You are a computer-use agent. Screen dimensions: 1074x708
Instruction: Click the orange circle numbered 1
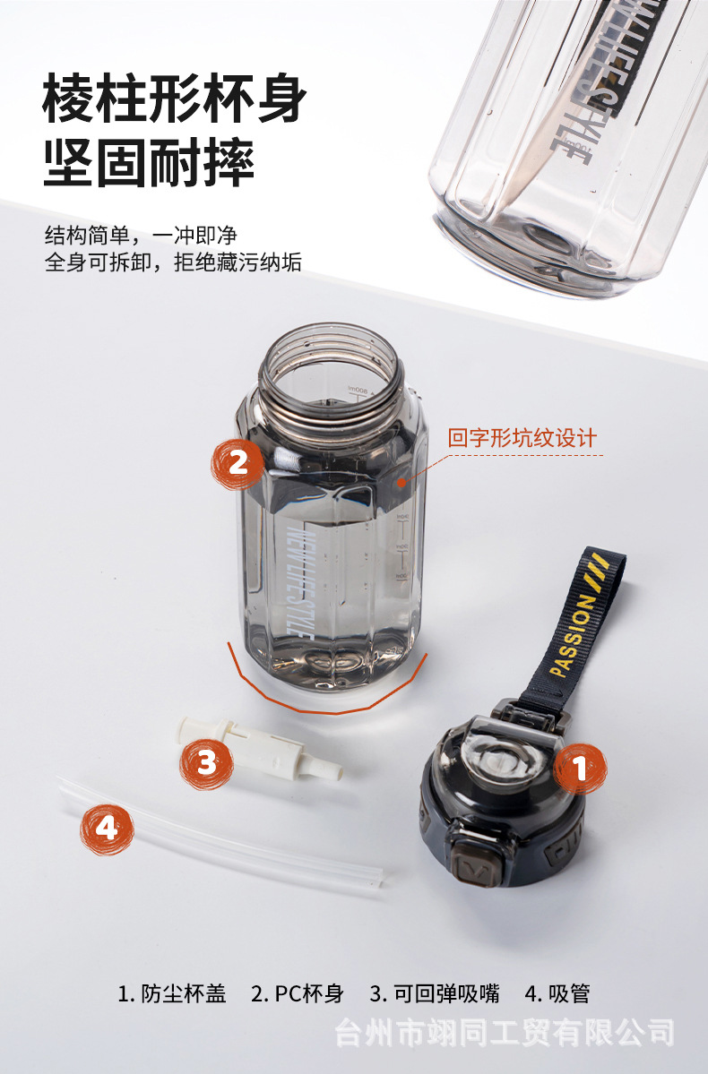(579, 769)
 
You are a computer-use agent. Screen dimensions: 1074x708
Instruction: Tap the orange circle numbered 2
(237, 462)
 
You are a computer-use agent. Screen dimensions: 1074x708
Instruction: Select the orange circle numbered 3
(207, 762)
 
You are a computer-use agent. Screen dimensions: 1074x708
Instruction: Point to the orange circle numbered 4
(107, 829)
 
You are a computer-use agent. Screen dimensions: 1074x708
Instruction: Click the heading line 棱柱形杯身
(175, 100)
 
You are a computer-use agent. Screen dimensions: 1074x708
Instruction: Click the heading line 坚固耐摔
(149, 162)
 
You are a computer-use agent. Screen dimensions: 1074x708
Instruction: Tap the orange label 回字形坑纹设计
(522, 438)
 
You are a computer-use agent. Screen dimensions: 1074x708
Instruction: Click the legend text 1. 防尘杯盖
(172, 993)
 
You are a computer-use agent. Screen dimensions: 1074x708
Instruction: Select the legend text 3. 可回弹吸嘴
(434, 993)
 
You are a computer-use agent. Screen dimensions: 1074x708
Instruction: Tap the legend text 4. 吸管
(557, 993)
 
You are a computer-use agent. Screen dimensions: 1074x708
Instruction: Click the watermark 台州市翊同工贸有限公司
(505, 1033)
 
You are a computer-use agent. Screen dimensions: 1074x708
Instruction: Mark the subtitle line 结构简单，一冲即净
(141, 236)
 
